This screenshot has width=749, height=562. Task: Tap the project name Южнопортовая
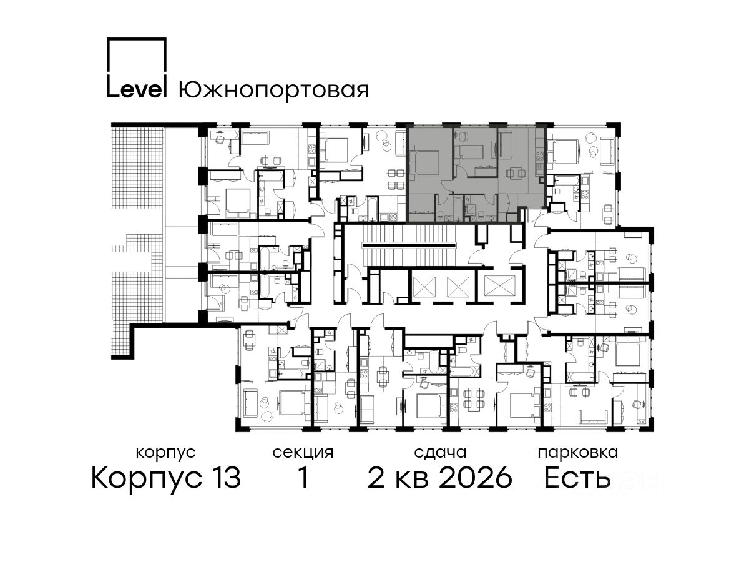273,89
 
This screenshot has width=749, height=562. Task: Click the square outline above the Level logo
137,54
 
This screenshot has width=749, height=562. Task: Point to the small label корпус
165,453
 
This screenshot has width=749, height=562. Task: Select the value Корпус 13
166,478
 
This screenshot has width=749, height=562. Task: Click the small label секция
303,453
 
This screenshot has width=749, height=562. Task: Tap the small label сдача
440,453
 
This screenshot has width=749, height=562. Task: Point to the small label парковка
578,453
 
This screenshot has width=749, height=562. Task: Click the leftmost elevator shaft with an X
424,286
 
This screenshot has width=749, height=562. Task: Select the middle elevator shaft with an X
458,286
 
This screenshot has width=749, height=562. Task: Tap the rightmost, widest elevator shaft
499,286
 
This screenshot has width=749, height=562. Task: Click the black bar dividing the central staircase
409,245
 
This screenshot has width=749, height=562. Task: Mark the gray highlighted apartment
476,174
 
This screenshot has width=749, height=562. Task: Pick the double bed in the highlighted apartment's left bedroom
426,163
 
